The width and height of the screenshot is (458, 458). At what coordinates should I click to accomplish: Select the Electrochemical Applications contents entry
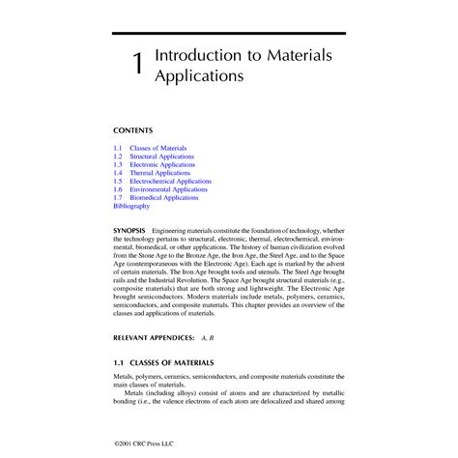(178, 181)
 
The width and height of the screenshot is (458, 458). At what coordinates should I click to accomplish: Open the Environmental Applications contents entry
(175, 189)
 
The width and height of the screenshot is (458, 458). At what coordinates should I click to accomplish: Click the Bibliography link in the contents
(131, 206)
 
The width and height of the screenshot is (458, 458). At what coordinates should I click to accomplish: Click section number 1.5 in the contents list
(118, 181)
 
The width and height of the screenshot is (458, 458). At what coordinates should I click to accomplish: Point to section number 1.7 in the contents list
(118, 197)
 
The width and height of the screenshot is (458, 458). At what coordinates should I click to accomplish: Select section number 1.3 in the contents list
(118, 164)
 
